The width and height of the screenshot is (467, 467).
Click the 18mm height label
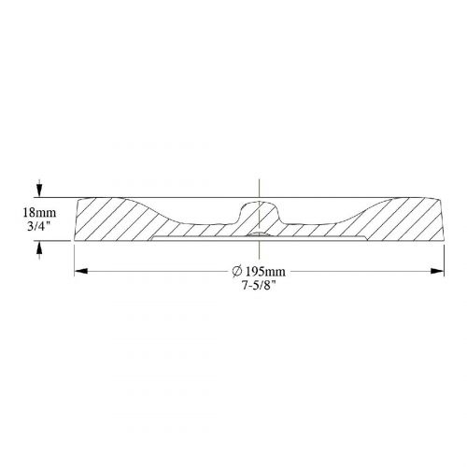tap(39, 213)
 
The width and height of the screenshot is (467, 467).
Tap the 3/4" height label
tap(39, 226)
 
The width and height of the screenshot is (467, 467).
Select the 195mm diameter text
tap(265, 272)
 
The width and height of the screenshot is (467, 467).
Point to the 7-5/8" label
tap(259, 286)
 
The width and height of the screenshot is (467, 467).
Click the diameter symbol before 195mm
tap(236, 272)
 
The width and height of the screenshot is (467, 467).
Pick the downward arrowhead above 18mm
tap(39, 189)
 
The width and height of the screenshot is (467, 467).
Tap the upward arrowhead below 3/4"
tap(39, 248)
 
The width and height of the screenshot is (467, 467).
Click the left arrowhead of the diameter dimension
tap(80, 272)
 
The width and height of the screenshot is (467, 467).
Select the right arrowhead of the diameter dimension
tap(437, 272)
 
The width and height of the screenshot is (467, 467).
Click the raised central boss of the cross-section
tap(260, 212)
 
